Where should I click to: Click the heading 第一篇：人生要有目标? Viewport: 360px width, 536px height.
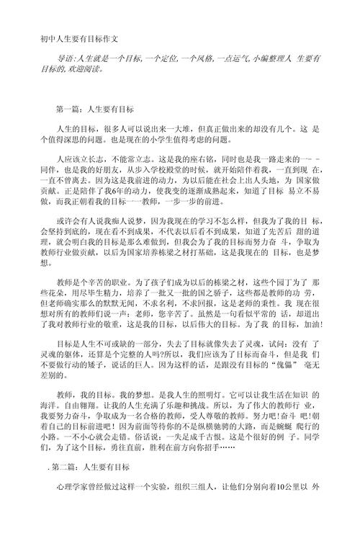point(94,110)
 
